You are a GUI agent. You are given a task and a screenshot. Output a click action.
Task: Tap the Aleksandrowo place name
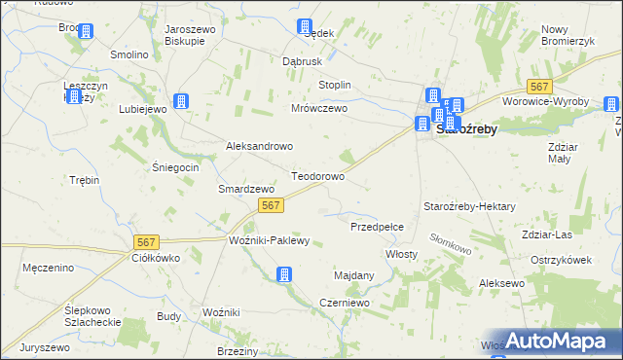[260, 146]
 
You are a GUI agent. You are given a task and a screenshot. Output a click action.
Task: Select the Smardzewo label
[243, 189]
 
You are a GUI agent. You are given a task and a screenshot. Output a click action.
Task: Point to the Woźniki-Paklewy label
[268, 240]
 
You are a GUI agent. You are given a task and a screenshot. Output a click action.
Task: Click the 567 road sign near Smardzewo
[272, 204]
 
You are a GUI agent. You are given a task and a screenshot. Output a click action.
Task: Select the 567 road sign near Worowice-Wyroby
[539, 87]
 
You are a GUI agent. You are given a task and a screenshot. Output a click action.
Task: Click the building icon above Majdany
[283, 275]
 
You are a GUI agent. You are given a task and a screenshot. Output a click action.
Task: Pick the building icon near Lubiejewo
[180, 100]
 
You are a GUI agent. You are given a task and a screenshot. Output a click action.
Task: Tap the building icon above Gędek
[306, 26]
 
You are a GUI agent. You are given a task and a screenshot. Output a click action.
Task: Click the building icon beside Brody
[85, 31]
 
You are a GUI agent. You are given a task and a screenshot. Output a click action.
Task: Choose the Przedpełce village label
[384, 226]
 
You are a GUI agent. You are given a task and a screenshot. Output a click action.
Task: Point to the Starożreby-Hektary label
[469, 207]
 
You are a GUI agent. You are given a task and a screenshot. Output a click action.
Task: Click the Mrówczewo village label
[319, 109]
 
